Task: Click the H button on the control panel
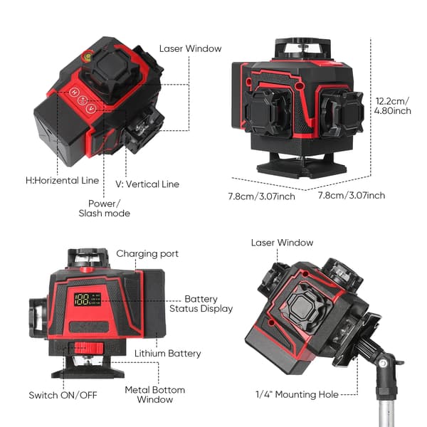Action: click(x=74, y=92)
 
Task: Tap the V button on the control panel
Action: click(x=91, y=109)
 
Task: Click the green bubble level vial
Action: click(x=88, y=56)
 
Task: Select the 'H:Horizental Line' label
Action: click(x=62, y=180)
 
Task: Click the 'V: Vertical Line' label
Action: click(x=147, y=184)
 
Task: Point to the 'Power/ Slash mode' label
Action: click(x=105, y=209)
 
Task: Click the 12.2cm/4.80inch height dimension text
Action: click(x=392, y=106)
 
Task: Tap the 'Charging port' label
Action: click(x=147, y=254)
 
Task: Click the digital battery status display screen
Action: click(x=88, y=300)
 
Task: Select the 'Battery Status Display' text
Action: click(x=201, y=304)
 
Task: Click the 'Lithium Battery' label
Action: click(x=168, y=354)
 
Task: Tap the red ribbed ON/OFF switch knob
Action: click(x=88, y=348)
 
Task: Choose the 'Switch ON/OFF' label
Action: click(x=63, y=395)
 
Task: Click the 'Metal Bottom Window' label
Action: click(x=155, y=394)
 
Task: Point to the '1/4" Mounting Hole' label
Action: click(x=297, y=394)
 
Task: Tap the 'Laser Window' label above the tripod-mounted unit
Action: click(x=282, y=243)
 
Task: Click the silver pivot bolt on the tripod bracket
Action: click(x=383, y=363)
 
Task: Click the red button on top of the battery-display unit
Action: click(x=87, y=270)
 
